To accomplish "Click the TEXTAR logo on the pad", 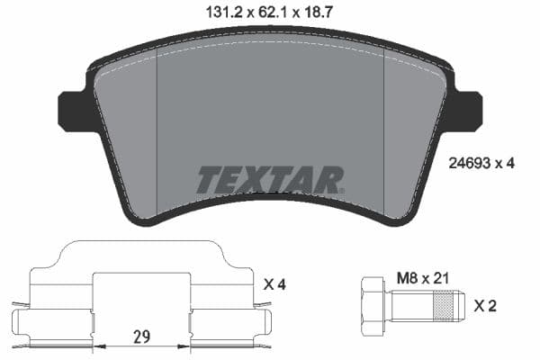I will click(269, 180).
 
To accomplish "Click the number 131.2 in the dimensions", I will click(214, 13).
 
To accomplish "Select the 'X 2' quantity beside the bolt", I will click(485, 307).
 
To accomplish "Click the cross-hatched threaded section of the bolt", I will click(443, 307).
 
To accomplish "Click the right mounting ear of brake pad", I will click(467, 110).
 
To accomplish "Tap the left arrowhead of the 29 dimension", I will click(98, 345).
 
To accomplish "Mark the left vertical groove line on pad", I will click(157, 135).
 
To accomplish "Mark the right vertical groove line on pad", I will click(384, 135).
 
